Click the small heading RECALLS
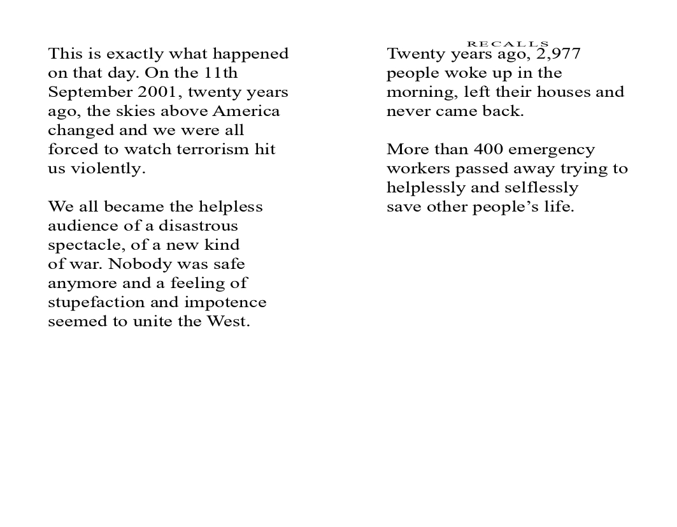[508, 44]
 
